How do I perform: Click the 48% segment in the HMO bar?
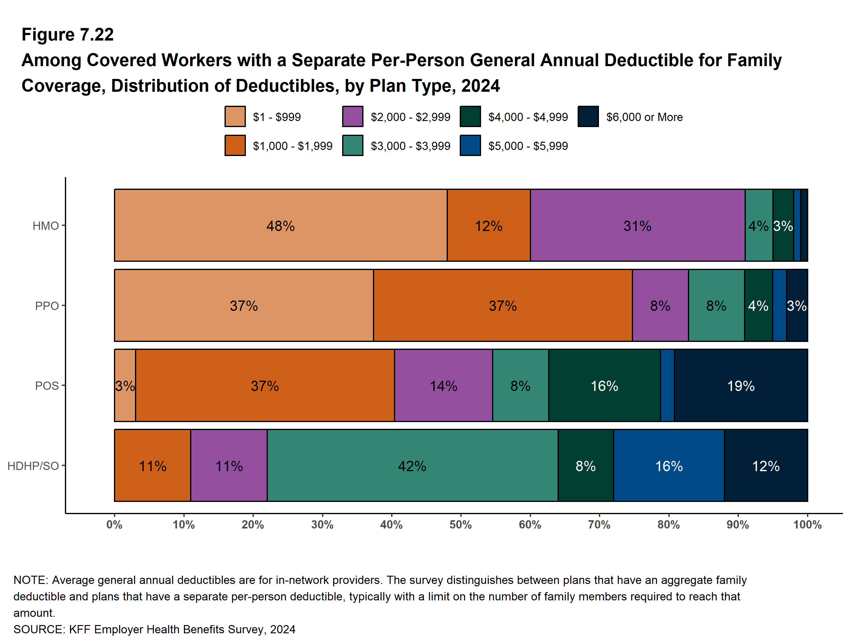tap(281, 225)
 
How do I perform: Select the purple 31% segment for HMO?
tap(637, 225)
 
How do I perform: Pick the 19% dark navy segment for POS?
tap(741, 386)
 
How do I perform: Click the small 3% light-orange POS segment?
tap(125, 386)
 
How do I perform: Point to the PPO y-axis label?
tap(47, 306)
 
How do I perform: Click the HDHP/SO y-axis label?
tap(33, 466)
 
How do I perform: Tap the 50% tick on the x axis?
tap(461, 525)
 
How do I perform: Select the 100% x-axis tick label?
tap(807, 525)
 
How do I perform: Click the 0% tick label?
tap(115, 525)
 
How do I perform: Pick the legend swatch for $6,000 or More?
tap(588, 116)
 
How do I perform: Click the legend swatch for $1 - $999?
tap(235, 116)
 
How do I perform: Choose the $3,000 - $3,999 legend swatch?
tap(353, 145)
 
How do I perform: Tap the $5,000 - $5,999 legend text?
tap(528, 146)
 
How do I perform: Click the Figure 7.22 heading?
tap(68, 35)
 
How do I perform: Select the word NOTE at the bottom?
tap(29, 580)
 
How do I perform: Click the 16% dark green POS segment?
tap(604, 386)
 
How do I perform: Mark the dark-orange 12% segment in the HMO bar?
tap(489, 225)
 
